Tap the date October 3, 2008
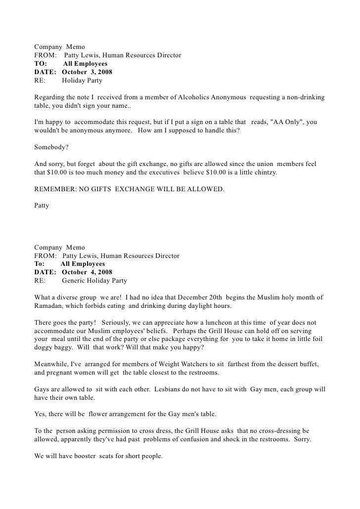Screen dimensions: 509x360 click(87, 72)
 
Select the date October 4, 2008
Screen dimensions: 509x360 click(87, 272)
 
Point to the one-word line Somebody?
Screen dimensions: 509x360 click(51, 147)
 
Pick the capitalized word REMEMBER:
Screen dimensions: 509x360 click(53, 189)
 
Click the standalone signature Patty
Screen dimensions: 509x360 click(42, 205)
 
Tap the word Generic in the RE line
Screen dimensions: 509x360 click(76, 281)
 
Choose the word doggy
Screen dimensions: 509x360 click(46, 346)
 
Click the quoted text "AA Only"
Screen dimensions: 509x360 click(288, 122)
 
